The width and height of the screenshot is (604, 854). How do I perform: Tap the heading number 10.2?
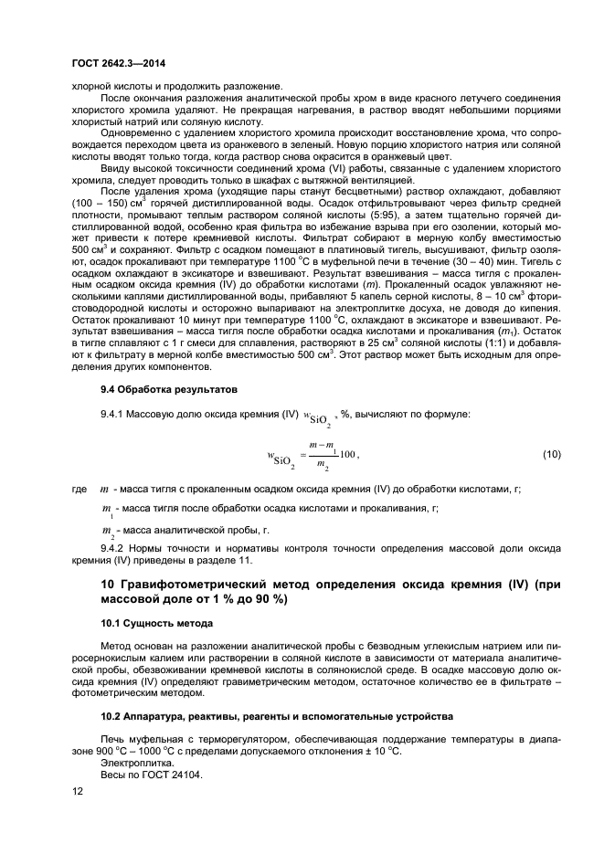(x=111, y=715)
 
